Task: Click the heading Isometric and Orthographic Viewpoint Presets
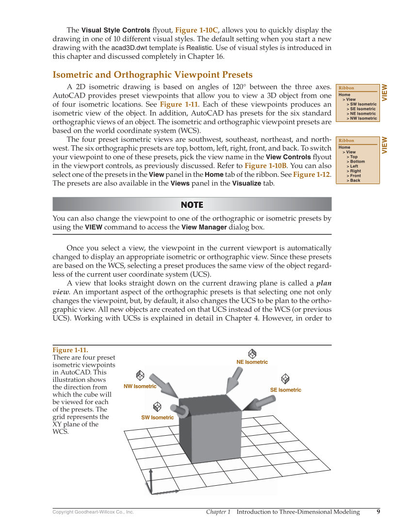[152, 75]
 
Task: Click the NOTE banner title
[192, 204]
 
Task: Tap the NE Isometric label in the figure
[252, 362]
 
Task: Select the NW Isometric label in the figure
[140, 386]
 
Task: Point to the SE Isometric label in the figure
[285, 390]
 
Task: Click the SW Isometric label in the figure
[157, 417]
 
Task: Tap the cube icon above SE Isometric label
[285, 378]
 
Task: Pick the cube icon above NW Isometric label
[140, 375]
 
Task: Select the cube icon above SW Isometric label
[157, 407]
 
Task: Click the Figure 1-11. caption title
[70, 350]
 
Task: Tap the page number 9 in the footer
[378, 511]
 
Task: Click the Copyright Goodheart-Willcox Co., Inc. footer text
[93, 512]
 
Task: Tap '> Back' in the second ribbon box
[354, 180]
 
